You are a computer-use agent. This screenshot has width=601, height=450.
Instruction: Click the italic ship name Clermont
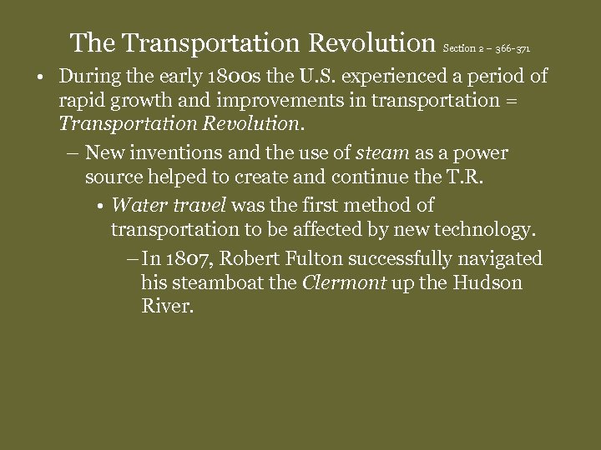[x=343, y=282]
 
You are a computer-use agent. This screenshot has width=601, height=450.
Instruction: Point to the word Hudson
[x=487, y=282]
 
